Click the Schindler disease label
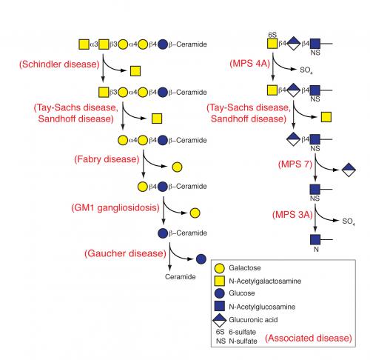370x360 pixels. [59, 64]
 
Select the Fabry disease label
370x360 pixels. [107, 159]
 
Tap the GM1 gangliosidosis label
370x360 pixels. [115, 207]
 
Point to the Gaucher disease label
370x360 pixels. [125, 253]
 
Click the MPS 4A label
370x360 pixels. [250, 64]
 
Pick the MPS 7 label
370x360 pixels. [295, 164]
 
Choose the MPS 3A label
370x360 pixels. [292, 215]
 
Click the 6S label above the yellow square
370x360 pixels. [272, 35]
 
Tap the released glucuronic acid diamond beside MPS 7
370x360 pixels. [349, 170]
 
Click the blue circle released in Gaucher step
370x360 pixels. [201, 259]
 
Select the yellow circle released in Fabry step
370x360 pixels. [177, 167]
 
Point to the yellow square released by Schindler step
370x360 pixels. [135, 71]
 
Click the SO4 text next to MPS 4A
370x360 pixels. [306, 70]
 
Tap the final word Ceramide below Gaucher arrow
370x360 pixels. [181, 277]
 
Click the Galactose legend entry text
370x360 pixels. [245, 268]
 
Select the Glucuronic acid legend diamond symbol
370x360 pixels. [220, 320]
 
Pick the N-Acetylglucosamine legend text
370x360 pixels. [262, 307]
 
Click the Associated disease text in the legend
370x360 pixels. [309, 338]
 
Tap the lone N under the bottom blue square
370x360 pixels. [316, 250]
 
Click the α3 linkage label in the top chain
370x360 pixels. [94, 44]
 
